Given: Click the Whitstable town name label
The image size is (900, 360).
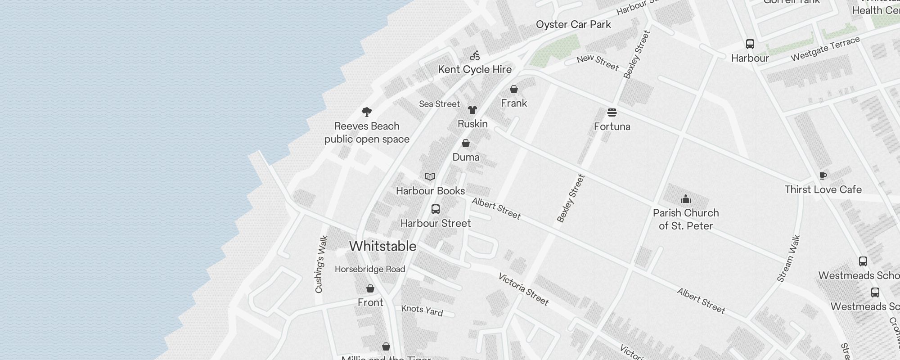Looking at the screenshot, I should tap(382, 246).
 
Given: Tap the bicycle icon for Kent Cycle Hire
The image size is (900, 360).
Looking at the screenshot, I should tap(475, 56).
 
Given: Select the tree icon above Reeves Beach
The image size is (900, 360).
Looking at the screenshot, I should tap(367, 112).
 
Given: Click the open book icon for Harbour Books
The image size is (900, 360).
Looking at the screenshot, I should tap(430, 177).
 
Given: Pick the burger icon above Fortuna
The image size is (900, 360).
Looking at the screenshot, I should tap(612, 112).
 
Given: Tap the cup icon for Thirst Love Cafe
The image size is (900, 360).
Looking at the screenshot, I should tap(823, 175).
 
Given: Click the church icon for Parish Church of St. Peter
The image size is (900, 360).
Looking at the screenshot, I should tap(686, 199).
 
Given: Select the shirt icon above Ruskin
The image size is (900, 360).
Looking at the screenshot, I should tap(472, 110).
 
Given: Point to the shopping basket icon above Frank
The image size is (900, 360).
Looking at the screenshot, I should tap(514, 89).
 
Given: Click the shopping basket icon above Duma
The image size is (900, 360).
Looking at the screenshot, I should tap(466, 143).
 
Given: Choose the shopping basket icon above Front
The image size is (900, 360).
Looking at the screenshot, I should tap(370, 288).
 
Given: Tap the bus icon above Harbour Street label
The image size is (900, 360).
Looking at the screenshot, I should tap(436, 209).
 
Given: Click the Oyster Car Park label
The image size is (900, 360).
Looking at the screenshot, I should tap(573, 24).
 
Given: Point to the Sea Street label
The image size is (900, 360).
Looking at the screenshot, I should tap(439, 104).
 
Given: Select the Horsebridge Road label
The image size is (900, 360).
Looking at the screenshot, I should tap(370, 269).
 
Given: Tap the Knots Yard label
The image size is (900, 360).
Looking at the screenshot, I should tap(422, 310).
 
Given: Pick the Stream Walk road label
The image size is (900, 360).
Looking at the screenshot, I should tap(789, 259).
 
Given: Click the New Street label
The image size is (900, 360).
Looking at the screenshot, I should tap(598, 62).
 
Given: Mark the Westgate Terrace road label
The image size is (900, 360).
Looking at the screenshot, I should tap(825, 49).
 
